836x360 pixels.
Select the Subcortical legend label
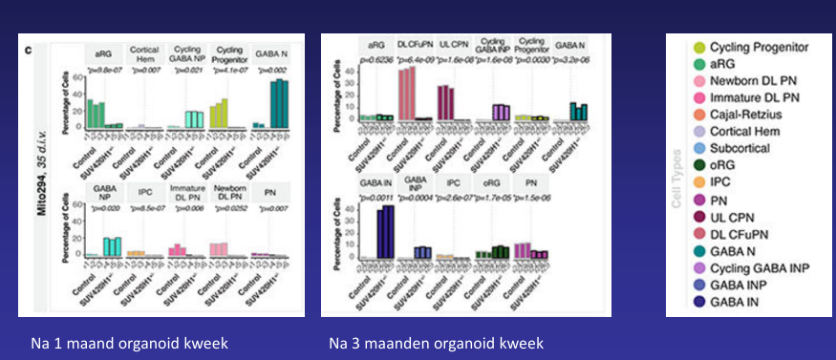[x=746, y=148]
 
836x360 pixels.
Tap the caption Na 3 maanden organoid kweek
[x=436, y=342]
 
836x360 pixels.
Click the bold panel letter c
[x=28, y=46]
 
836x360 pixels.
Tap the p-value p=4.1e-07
[x=226, y=71]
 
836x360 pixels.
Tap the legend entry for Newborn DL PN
[x=755, y=79]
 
